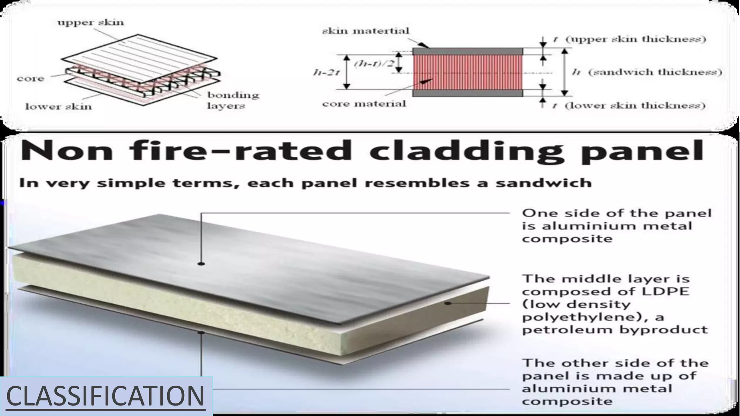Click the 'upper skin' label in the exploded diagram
coord(90,22)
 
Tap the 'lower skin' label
coord(58,107)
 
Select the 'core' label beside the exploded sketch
coord(30,79)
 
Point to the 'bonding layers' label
coord(233,100)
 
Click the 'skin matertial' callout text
coord(366,31)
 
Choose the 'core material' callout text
coord(364,104)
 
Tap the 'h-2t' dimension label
coord(326,72)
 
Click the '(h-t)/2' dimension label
coord(374,64)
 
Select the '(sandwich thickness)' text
coord(655,72)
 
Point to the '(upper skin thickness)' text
coord(636,39)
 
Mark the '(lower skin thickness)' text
coord(635,105)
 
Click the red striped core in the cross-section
coord(468,72)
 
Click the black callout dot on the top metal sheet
coord(201,264)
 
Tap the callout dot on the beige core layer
coord(448,303)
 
